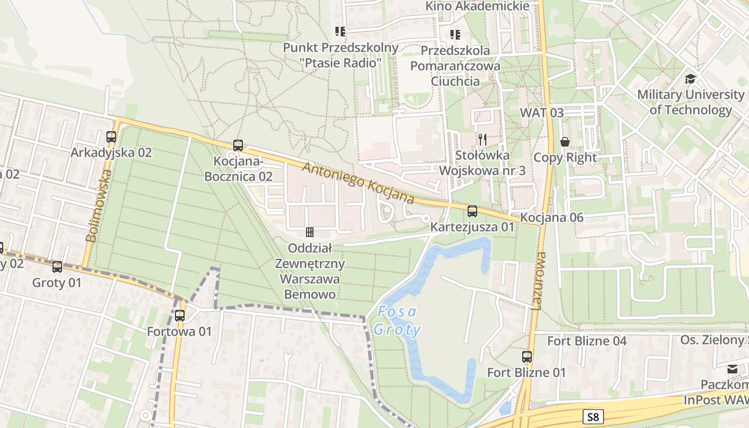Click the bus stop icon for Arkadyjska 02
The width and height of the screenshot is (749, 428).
111,137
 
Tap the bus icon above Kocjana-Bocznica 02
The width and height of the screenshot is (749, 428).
238,146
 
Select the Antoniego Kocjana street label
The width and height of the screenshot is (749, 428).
358,183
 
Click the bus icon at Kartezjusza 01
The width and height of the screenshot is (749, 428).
472,211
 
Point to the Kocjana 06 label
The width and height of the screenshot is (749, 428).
552,218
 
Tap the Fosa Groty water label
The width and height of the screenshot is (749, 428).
397,320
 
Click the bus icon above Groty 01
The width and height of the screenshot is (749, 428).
57,266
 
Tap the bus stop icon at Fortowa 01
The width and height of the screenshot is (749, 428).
180,316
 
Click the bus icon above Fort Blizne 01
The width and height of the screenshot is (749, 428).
527,356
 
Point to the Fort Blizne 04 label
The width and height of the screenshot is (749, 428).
586,341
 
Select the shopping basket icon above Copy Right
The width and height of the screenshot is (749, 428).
564,142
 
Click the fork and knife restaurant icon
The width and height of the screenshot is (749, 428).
483,140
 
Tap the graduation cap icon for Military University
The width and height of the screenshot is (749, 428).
690,79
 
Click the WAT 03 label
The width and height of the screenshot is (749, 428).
541,113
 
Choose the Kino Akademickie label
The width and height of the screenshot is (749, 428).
477,6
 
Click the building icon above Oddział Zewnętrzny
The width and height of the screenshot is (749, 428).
309,232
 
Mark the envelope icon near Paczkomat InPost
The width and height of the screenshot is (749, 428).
732,369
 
